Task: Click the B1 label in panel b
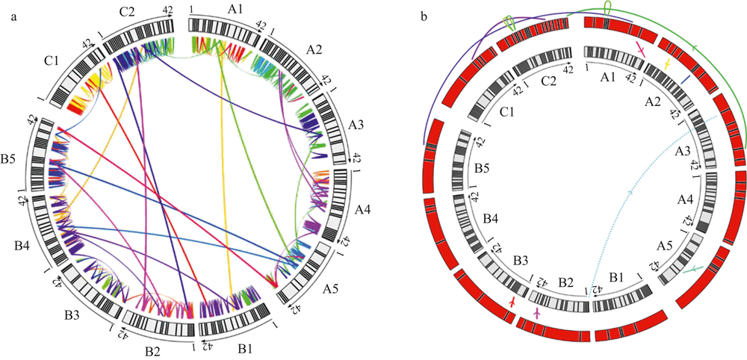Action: point(617,277)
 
